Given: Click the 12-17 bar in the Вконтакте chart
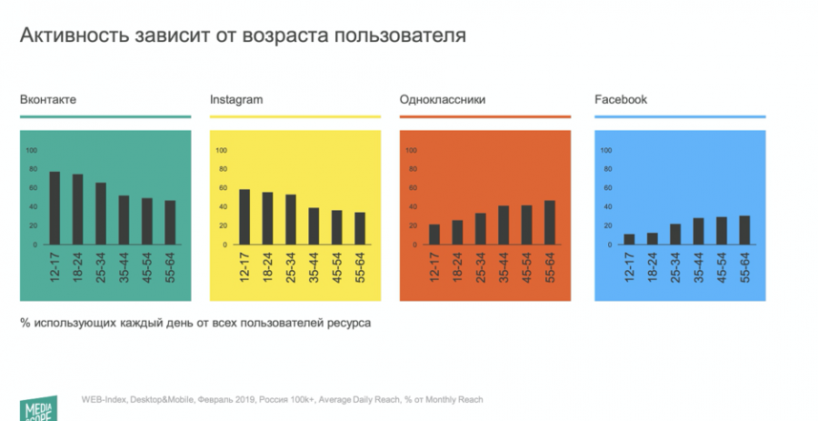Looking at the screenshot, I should pyautogui.click(x=55, y=208).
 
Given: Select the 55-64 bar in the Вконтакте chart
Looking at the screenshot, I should pyautogui.click(x=170, y=222).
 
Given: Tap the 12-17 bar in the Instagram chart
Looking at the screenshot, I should pyautogui.click(x=244, y=216).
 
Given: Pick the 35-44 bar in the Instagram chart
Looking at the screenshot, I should pyautogui.click(x=314, y=226).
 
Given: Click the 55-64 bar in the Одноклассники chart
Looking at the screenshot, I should pyautogui.click(x=550, y=222).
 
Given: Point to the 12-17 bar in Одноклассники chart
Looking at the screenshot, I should pyautogui.click(x=434, y=234).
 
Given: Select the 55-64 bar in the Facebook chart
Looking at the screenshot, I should pyautogui.click(x=745, y=230).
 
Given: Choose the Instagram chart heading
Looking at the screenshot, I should pyautogui.click(x=236, y=99).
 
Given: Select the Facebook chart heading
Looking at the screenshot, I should pyautogui.click(x=621, y=99).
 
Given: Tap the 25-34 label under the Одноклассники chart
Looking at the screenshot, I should pyautogui.click(x=481, y=267).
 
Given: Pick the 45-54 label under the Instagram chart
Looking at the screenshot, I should pyautogui.click(x=337, y=267).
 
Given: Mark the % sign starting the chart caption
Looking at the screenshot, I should pyautogui.click(x=25, y=323).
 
